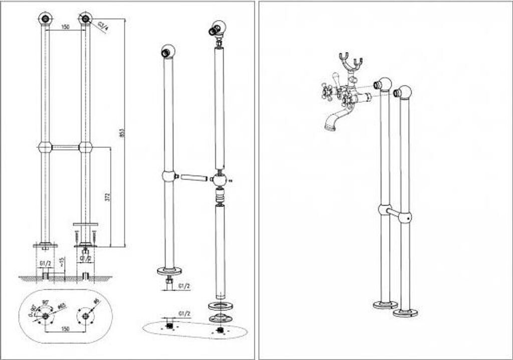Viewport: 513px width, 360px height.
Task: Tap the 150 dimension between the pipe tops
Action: (x=65, y=28)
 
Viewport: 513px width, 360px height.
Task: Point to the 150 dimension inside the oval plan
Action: (x=65, y=329)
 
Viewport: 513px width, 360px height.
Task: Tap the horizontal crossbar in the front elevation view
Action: (x=65, y=147)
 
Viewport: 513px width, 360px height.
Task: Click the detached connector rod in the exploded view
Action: (x=194, y=177)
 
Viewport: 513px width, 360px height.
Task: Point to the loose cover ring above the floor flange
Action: (x=219, y=305)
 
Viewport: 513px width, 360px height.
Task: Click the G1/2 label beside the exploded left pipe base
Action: (x=184, y=286)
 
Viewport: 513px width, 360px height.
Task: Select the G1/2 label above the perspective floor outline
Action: (x=184, y=314)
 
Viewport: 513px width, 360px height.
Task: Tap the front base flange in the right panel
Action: (x=405, y=313)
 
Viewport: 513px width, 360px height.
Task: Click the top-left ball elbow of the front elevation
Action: (x=45, y=19)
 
